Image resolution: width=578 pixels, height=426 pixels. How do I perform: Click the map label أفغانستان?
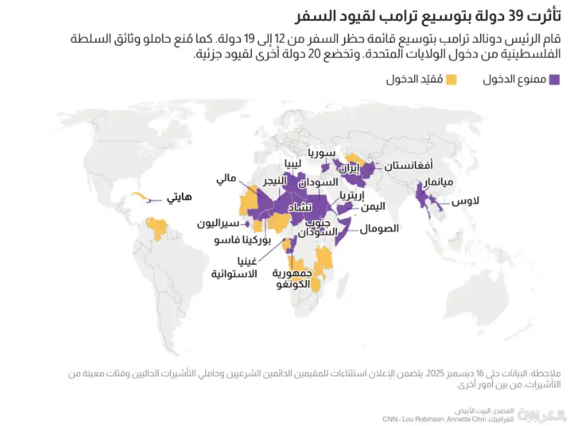click(x=408, y=165)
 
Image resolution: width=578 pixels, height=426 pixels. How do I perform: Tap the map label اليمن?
click(x=373, y=206)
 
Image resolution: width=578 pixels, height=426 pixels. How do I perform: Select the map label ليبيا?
click(x=298, y=163)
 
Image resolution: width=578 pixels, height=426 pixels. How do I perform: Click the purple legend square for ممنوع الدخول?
click(x=554, y=80)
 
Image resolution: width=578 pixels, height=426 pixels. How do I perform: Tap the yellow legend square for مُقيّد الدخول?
click(x=451, y=80)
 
